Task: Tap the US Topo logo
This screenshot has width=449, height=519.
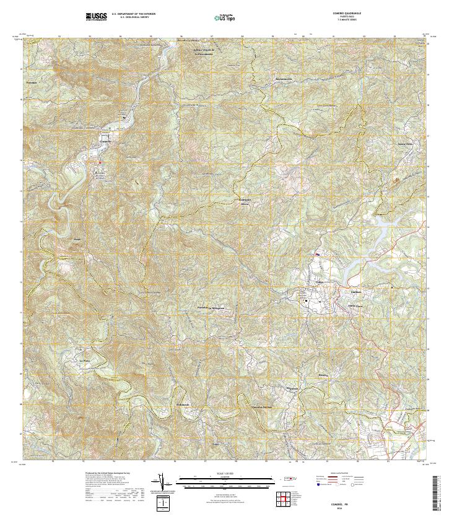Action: (224, 17)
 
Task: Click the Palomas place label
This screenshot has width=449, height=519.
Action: (32, 82)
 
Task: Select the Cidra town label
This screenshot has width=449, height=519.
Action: (320, 282)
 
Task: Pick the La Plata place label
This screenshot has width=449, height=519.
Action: (85, 359)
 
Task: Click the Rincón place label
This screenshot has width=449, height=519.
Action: (322, 375)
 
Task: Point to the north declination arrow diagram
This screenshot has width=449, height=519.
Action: (162, 481)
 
